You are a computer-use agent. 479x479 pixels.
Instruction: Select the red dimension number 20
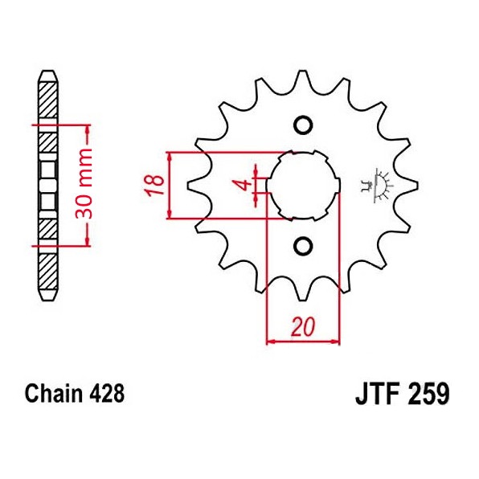point(302,327)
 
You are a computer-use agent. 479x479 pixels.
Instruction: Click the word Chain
point(53,395)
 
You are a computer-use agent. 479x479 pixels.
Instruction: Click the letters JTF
point(376,395)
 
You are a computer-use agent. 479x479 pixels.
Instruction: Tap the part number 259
point(428,395)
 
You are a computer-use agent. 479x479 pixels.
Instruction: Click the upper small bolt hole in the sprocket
point(303,125)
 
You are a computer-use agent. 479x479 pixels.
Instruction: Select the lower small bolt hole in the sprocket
point(303,245)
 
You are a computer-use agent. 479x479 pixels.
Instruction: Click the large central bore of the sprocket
point(302,185)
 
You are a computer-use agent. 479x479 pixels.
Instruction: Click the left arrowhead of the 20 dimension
point(269,341)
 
